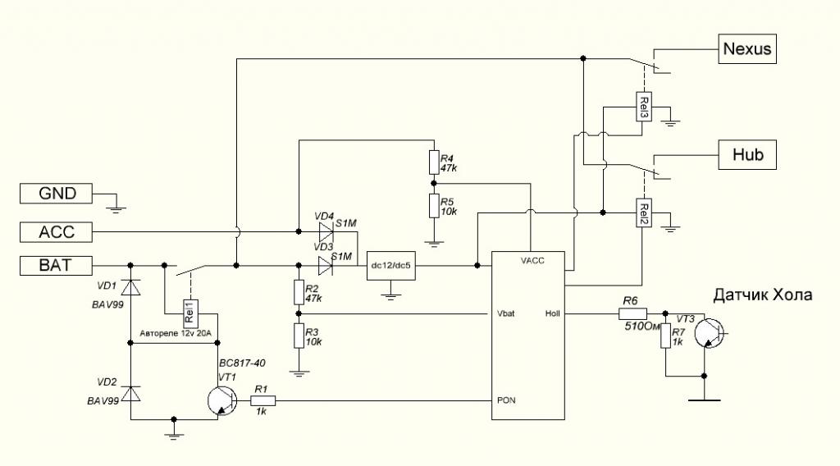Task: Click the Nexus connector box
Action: pyautogui.click(x=746, y=48)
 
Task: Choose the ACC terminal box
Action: pyautogui.click(x=57, y=233)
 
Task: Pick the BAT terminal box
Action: pyautogui.click(x=57, y=265)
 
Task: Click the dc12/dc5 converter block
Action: pyautogui.click(x=391, y=265)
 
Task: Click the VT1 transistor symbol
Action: pyautogui.click(x=220, y=400)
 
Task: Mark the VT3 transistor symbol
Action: pyautogui.click(x=708, y=332)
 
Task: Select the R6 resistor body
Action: pyautogui.click(x=632, y=313)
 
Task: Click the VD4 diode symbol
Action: pyautogui.click(x=324, y=233)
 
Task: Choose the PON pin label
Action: pyautogui.click(x=507, y=400)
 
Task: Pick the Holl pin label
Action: pyautogui.click(x=553, y=313)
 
